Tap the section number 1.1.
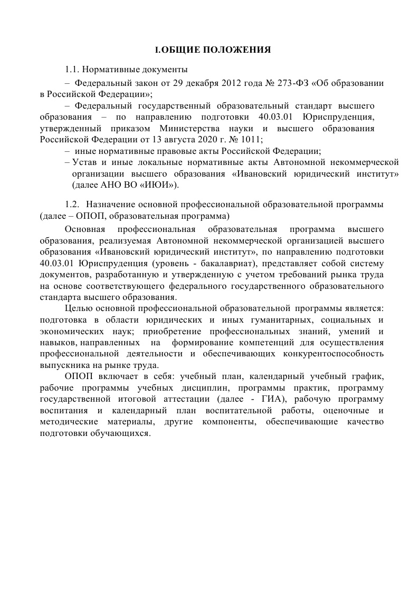coord(72,69)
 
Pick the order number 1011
coord(251,139)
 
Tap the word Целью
coord(77,308)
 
